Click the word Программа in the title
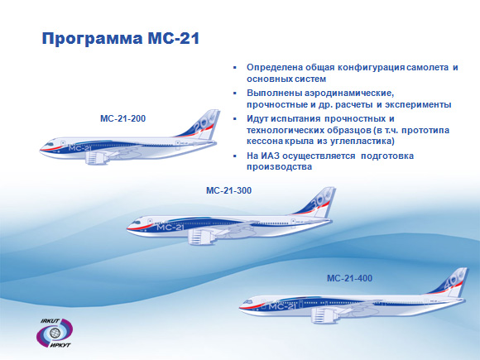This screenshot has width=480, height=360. [x=92, y=39]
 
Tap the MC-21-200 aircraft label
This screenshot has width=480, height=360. [x=122, y=118]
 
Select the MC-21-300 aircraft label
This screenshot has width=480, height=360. [x=228, y=190]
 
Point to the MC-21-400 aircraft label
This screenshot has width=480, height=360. [x=349, y=278]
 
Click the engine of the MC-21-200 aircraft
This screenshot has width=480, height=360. [x=97, y=157]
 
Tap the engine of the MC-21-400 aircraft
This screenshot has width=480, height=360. [x=324, y=315]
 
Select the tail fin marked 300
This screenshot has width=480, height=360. [x=319, y=202]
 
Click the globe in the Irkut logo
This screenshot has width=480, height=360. [x=55, y=333]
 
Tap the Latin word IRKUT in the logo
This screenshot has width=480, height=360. [x=50, y=321]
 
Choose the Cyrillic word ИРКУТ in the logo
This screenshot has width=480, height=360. [x=60, y=345]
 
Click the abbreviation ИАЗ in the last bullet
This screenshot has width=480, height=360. [x=271, y=156]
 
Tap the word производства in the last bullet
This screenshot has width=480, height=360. [x=279, y=167]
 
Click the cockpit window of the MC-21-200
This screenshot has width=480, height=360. [x=49, y=143]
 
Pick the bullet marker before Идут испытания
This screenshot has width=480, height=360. [x=235, y=119]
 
